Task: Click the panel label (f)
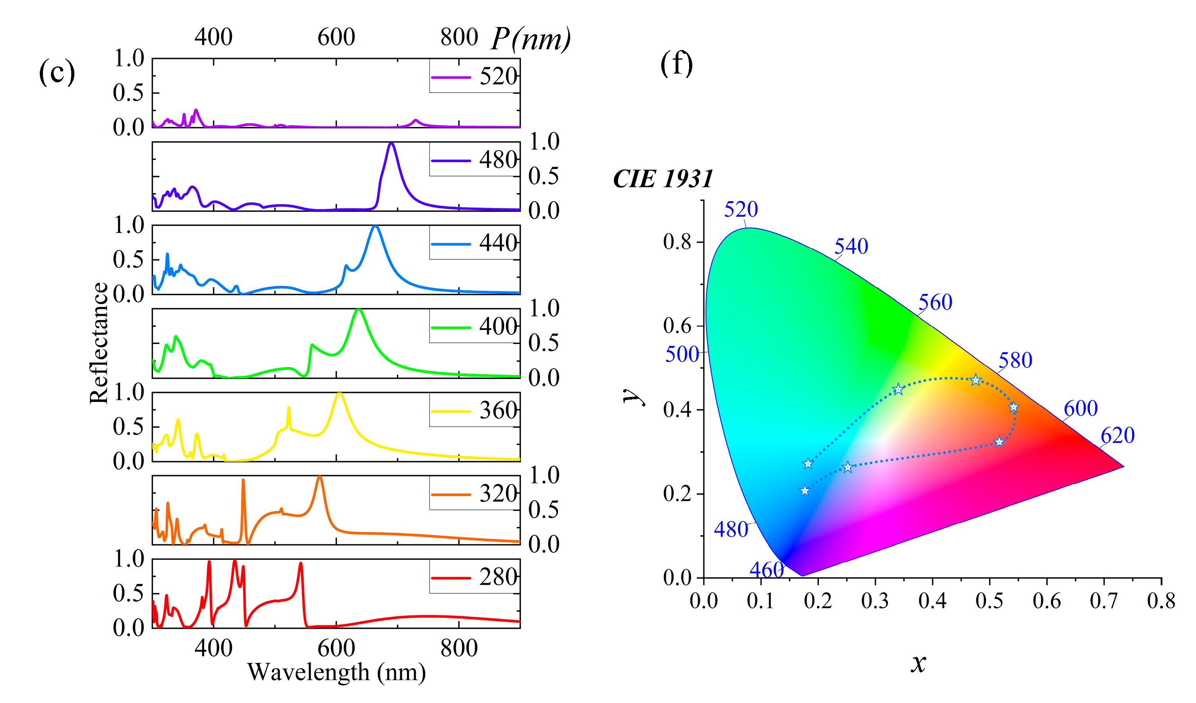(x=676, y=64)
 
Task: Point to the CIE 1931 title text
(x=663, y=179)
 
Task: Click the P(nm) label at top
(x=530, y=39)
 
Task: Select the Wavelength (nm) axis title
(x=336, y=672)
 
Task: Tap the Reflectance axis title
(x=99, y=343)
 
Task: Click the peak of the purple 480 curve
(x=391, y=143)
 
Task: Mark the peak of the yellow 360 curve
(x=339, y=393)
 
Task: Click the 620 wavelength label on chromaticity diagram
(x=1117, y=435)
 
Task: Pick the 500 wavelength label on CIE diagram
(x=682, y=354)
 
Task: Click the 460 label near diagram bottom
(x=766, y=570)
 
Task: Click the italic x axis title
(x=918, y=663)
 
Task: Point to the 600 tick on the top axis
(x=336, y=37)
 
